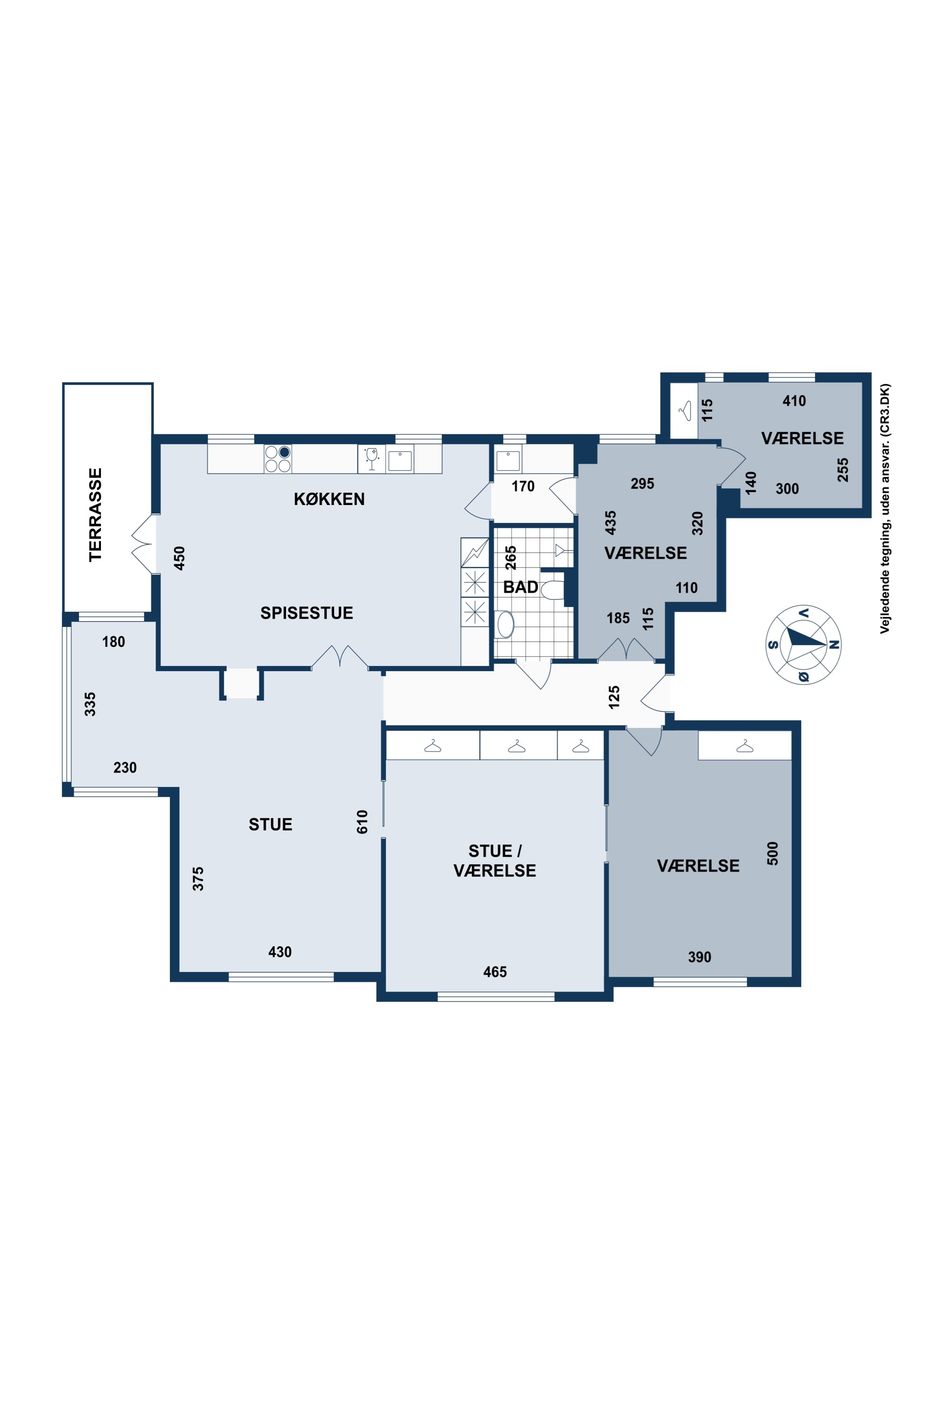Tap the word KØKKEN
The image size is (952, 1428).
click(x=329, y=499)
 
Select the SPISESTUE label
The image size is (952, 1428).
click(x=307, y=613)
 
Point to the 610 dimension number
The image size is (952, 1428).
click(x=362, y=822)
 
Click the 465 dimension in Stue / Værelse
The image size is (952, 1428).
click(x=495, y=972)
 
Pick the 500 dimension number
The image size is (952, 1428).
click(x=773, y=853)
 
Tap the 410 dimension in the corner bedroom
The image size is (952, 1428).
click(x=794, y=401)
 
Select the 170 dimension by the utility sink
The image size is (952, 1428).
click(x=523, y=486)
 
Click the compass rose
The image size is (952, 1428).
click(x=803, y=645)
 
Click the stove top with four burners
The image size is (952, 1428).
click(x=278, y=459)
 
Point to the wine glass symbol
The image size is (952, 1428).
click(x=372, y=458)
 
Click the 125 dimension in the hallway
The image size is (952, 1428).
click(x=615, y=697)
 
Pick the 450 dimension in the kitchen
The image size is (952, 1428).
click(x=179, y=558)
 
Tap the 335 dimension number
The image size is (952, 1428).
click(x=90, y=704)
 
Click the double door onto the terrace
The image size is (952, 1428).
click(x=143, y=544)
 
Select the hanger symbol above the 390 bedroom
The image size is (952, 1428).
click(x=745, y=746)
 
